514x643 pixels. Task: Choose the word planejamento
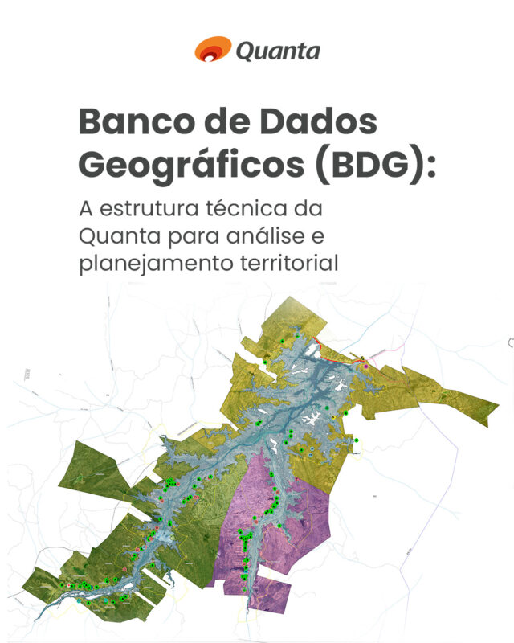(159, 264)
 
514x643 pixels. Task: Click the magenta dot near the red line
(366, 366)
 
